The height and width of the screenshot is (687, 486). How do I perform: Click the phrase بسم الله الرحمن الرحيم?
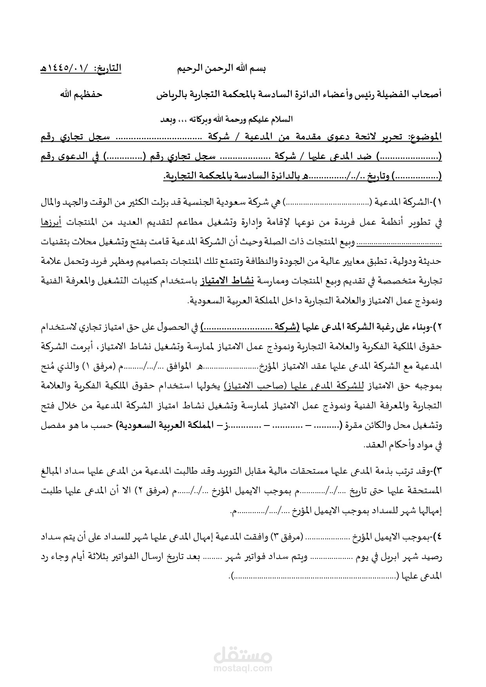[222, 69]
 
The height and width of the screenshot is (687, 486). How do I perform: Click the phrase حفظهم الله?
[81, 94]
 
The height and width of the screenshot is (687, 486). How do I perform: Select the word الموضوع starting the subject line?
[425, 137]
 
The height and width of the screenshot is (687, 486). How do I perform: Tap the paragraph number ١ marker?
[439, 203]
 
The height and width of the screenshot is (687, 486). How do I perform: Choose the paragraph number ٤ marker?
[439, 537]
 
